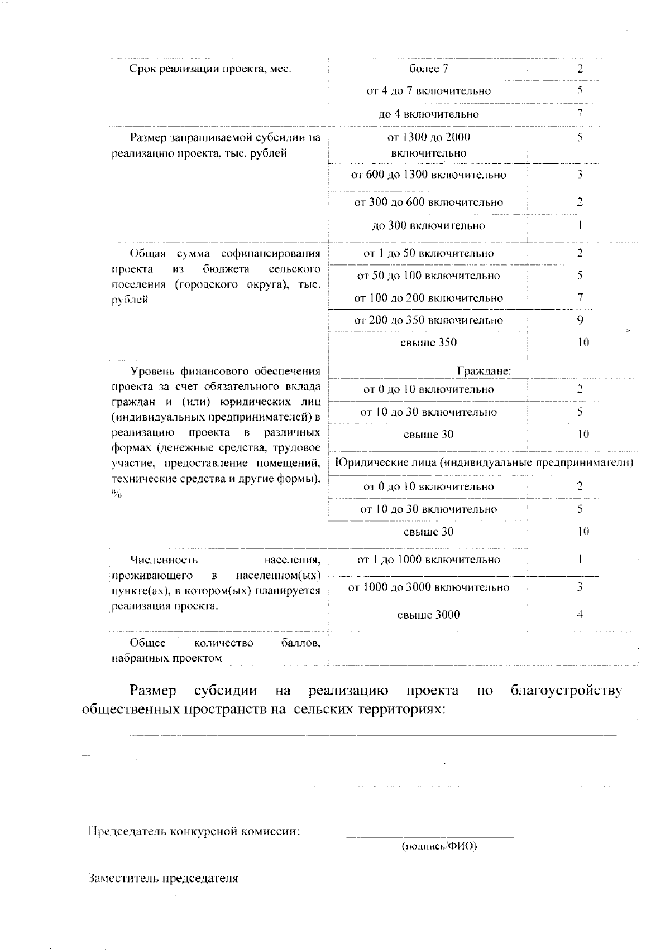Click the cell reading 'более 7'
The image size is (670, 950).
click(428, 69)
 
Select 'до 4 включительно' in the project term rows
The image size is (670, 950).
click(428, 114)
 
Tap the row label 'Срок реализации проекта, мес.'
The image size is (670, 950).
click(211, 69)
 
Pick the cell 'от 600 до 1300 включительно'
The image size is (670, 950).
click(428, 175)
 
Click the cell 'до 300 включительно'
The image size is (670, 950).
click(428, 225)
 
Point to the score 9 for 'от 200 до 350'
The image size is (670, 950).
click(580, 320)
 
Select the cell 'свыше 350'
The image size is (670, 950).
click(428, 343)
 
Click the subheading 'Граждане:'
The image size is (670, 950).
click(484, 370)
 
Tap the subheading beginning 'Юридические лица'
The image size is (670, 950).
click(484, 462)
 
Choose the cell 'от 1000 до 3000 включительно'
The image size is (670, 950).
click(428, 587)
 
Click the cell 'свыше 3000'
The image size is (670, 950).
click(428, 615)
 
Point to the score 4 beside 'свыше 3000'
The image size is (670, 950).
click(580, 615)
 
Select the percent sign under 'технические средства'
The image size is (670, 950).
click(116, 494)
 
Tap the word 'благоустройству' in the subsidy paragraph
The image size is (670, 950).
click(566, 691)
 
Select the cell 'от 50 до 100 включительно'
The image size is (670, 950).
click(428, 276)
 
